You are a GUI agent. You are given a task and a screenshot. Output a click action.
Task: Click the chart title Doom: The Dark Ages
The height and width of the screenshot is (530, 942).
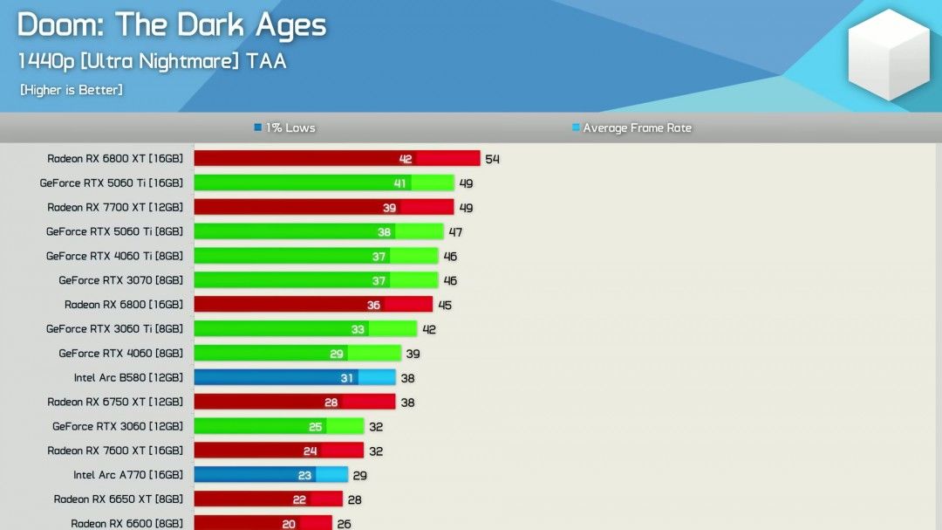172,25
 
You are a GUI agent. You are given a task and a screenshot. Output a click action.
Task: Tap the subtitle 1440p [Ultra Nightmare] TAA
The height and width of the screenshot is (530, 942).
152,61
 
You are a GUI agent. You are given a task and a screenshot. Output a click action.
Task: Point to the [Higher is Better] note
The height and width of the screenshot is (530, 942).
72,90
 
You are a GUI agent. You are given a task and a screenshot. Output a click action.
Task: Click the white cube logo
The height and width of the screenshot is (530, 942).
889,54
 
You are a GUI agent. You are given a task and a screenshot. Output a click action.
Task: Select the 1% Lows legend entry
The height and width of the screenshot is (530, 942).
285,128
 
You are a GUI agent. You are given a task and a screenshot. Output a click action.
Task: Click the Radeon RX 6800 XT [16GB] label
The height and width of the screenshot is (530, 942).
115,159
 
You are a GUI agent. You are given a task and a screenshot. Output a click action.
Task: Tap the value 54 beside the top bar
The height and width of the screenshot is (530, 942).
493,159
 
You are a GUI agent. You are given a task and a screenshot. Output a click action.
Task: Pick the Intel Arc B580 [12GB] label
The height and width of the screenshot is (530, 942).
128,378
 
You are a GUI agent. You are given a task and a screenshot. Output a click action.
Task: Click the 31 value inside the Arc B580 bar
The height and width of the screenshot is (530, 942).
347,378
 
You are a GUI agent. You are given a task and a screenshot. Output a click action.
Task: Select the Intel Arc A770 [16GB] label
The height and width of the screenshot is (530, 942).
128,475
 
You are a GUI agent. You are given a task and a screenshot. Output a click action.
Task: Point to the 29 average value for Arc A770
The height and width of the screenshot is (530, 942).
359,475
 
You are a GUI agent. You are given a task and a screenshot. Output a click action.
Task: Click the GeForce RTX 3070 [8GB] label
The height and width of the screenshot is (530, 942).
121,280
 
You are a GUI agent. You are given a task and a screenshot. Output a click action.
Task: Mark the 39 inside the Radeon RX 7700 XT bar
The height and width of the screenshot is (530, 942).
390,208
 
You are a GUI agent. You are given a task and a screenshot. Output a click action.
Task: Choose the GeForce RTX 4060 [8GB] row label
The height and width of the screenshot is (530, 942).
121,354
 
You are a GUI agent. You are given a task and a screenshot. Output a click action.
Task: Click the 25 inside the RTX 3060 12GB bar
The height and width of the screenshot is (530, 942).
316,427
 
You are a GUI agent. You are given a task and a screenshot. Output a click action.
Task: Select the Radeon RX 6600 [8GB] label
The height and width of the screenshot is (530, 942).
127,524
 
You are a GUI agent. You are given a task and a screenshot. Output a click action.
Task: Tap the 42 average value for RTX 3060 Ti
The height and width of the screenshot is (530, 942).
429,329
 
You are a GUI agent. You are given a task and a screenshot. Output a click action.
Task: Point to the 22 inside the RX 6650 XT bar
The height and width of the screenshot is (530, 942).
299,499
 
